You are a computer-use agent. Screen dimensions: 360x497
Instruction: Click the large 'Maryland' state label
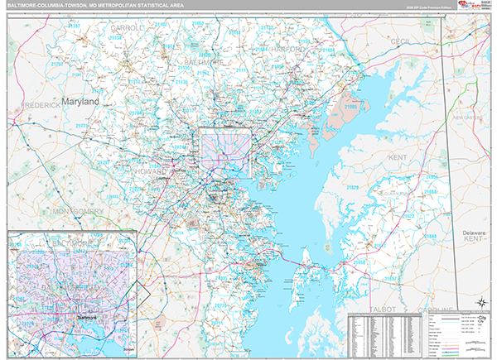(79, 101)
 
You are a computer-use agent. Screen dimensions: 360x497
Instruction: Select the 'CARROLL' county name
(126, 27)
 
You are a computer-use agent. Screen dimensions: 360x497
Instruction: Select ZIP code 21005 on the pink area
(351, 107)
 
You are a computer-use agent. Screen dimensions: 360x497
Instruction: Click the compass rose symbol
(480, 302)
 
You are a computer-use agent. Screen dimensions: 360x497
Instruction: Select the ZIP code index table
(386, 335)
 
